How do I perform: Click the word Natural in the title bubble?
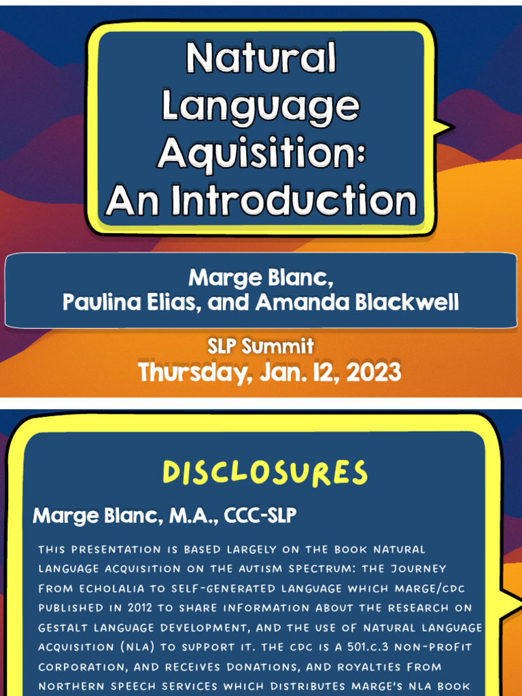point(261,58)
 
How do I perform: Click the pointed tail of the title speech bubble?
point(445,127)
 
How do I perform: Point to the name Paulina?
point(99,302)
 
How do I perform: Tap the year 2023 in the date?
point(373,372)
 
